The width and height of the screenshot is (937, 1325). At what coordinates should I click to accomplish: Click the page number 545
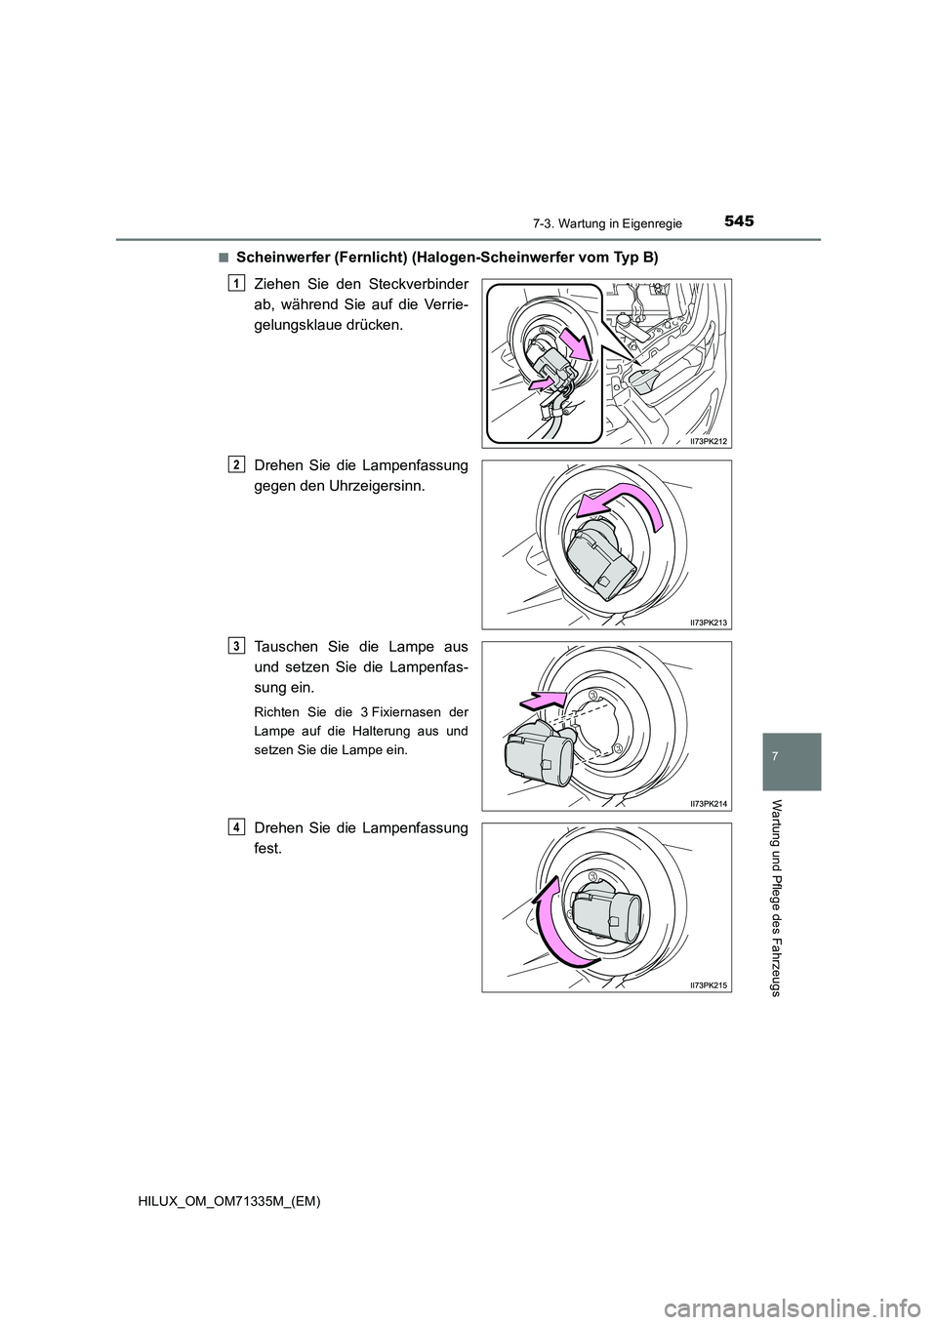pos(738,221)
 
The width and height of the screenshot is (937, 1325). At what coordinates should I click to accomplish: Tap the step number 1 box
pos(235,285)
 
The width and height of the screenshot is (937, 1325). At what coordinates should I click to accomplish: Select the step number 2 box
pos(235,465)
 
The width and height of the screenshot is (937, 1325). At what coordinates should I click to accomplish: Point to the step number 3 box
pos(235,647)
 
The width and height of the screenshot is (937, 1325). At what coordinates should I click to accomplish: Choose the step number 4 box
pos(235,828)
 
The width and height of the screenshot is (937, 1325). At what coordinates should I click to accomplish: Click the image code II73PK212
pos(708,441)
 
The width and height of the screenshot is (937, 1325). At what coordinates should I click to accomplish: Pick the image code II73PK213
pos(708,622)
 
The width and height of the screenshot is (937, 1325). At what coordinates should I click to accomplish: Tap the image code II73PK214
pos(708,803)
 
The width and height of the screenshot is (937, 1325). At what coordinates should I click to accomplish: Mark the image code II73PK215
pos(708,984)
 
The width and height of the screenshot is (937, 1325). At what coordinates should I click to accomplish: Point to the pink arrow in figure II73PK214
pos(543,700)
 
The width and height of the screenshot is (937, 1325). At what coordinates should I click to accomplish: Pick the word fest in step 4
pos(268,848)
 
